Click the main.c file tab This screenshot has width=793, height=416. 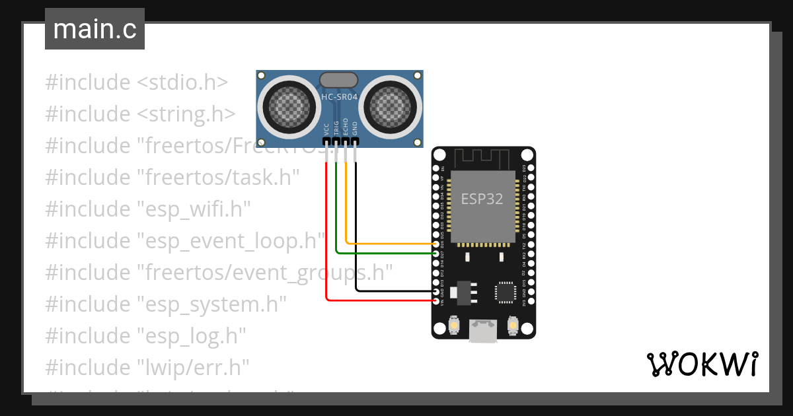94,30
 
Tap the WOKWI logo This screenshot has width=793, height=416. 701,364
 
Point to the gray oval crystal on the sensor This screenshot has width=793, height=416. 339,81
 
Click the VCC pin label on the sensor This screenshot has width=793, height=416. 326,128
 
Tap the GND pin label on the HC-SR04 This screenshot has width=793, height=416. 355,128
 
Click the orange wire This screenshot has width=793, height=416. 390,244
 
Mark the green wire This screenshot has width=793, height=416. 383,253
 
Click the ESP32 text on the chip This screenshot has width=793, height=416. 482,199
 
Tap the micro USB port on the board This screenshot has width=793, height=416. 483,330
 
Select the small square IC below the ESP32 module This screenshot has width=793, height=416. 506,292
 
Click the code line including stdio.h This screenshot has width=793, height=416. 137,83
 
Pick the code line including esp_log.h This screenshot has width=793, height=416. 145,335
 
